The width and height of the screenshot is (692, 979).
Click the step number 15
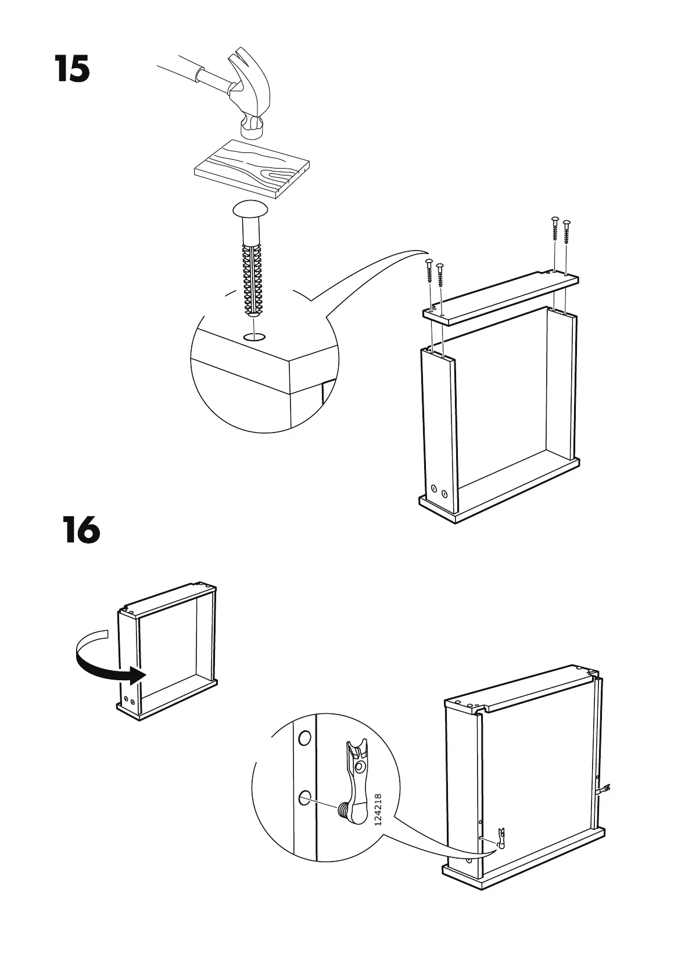(73, 69)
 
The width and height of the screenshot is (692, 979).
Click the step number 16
(81, 530)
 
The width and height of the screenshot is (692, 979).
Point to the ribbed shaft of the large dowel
(252, 273)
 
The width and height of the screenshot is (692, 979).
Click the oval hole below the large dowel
(254, 337)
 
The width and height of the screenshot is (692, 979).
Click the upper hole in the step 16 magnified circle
(304, 739)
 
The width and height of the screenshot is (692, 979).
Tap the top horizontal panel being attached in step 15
(500, 297)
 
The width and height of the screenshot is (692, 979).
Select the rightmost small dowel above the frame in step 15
(566, 233)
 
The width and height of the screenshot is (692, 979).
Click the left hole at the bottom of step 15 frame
(433, 489)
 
